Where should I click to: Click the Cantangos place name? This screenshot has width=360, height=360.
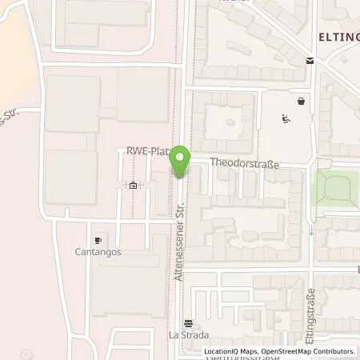click(98, 252)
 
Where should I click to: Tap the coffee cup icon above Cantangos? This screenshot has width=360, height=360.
click(98, 240)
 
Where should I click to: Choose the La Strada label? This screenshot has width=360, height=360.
click(188, 336)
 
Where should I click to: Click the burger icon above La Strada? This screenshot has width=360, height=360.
click(188, 324)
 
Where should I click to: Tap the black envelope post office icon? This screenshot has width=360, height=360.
click(310, 62)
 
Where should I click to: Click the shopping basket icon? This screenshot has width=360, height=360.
click(301, 102)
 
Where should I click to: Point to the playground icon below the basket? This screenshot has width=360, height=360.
click(286, 120)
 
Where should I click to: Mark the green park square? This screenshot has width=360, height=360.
click(334, 188)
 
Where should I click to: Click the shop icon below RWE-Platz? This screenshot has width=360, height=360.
click(133, 186)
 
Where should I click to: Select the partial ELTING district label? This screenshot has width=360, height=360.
click(338, 37)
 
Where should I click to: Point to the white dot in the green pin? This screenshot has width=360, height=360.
click(181, 158)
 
